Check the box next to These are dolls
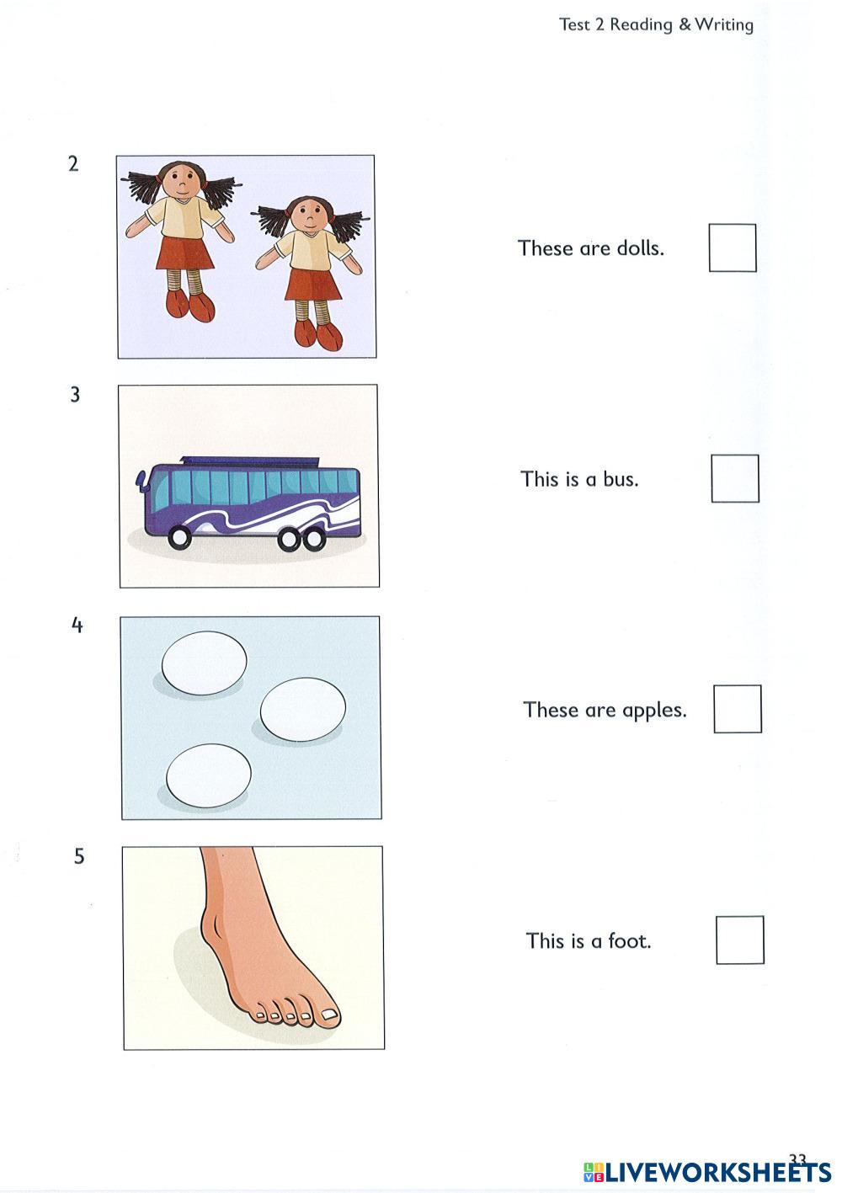[733, 248]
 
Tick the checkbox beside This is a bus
[735, 478]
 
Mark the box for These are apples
[738, 709]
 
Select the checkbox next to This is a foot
[740, 940]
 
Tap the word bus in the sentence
[621, 479]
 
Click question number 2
[73, 163]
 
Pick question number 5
[79, 856]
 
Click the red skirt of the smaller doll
[313, 283]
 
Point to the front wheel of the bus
[179, 538]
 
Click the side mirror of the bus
[141, 481]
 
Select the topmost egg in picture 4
[204, 663]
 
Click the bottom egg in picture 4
[208, 775]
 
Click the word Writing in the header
[724, 25]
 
